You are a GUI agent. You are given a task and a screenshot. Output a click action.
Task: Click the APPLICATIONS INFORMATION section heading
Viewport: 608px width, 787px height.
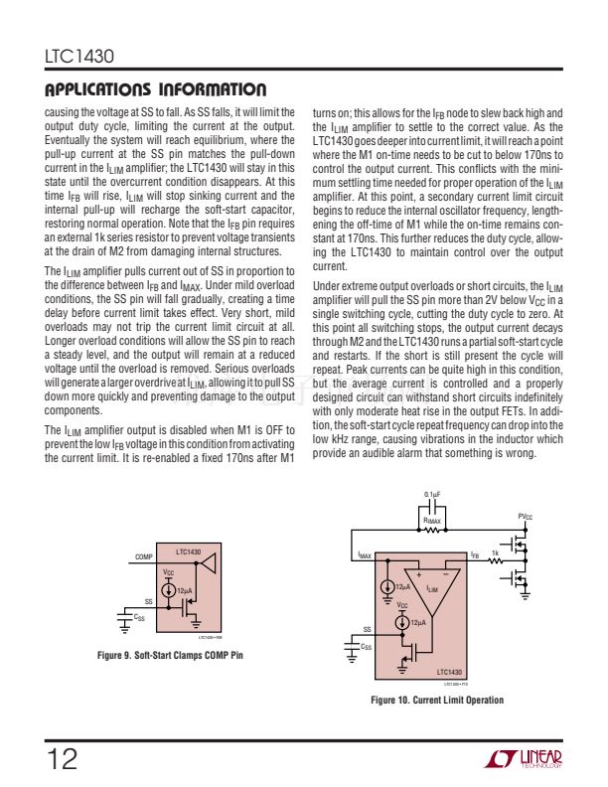coord(155,90)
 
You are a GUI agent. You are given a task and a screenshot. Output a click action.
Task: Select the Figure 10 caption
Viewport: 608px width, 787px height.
coord(437,701)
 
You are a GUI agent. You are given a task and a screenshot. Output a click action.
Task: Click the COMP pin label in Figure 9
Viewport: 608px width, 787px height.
coord(143,557)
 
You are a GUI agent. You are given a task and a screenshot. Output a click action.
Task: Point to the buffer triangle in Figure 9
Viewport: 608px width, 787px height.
coord(209,563)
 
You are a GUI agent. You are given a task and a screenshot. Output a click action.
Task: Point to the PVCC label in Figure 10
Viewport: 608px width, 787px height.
coord(527,517)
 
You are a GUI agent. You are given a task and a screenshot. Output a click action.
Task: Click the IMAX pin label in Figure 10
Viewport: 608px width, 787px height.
coord(365,556)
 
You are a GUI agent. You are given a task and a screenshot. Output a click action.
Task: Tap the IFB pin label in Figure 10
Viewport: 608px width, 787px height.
coord(475,556)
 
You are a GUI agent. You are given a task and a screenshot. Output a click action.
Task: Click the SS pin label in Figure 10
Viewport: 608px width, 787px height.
coord(367,629)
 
